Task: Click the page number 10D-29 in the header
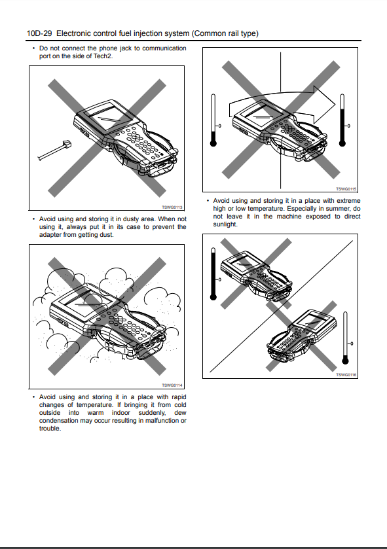click(x=39, y=33)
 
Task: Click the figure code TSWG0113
click(x=172, y=207)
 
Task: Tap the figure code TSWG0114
click(x=172, y=385)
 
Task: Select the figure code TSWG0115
click(x=346, y=189)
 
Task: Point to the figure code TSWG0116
click(x=346, y=375)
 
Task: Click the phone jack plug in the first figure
click(x=66, y=143)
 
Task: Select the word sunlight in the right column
click(x=225, y=224)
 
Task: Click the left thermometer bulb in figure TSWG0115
click(x=213, y=143)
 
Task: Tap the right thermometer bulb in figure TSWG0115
click(x=342, y=143)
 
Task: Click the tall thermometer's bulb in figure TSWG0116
click(x=213, y=297)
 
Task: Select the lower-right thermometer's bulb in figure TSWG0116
click(x=345, y=361)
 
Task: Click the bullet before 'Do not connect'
click(x=33, y=48)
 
